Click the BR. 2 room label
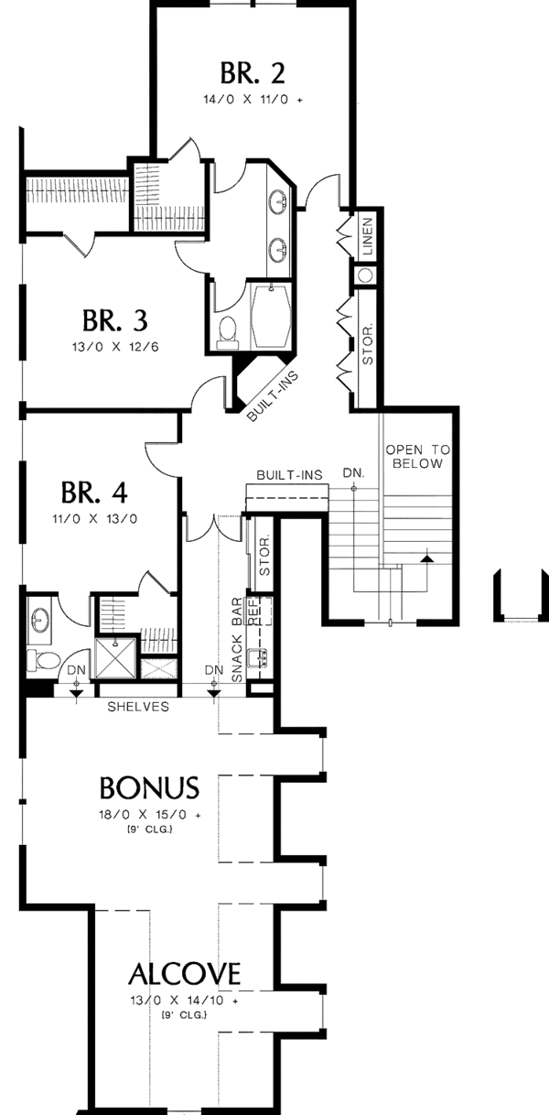coord(251,71)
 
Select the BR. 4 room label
coord(94,493)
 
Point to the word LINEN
coord(367,234)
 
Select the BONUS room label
coord(149,787)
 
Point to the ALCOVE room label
coord(184,971)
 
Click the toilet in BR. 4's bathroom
coord(41,658)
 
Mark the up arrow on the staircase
coord(425,557)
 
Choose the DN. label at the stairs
coord(354,473)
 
